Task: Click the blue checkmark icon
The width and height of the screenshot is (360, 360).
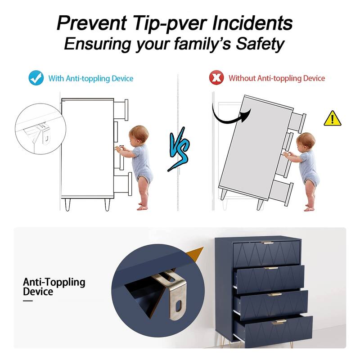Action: pos(36,78)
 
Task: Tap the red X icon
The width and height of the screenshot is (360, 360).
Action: pos(216,78)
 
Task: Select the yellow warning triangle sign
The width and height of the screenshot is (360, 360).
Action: pos(333,118)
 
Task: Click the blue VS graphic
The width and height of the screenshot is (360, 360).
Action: pos(179,149)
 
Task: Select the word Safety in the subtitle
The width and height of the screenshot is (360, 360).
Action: pos(260,44)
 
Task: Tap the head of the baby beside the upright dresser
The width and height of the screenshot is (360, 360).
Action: pos(138,134)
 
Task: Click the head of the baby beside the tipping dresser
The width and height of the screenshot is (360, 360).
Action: pos(306,141)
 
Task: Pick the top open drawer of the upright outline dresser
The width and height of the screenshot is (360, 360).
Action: pos(121,110)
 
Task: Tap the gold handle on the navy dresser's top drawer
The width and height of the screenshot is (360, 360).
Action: pos(268,243)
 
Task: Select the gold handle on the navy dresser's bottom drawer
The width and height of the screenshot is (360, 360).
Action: pos(279,322)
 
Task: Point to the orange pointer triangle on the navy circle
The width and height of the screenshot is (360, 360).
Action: pos(195,254)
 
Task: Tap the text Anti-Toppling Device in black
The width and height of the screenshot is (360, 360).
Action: pos(54,287)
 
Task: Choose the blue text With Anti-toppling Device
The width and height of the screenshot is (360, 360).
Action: pos(91,78)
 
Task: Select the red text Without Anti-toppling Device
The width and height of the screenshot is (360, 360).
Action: pos(277,78)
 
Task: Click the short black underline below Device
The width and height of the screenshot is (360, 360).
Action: pos(28,301)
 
